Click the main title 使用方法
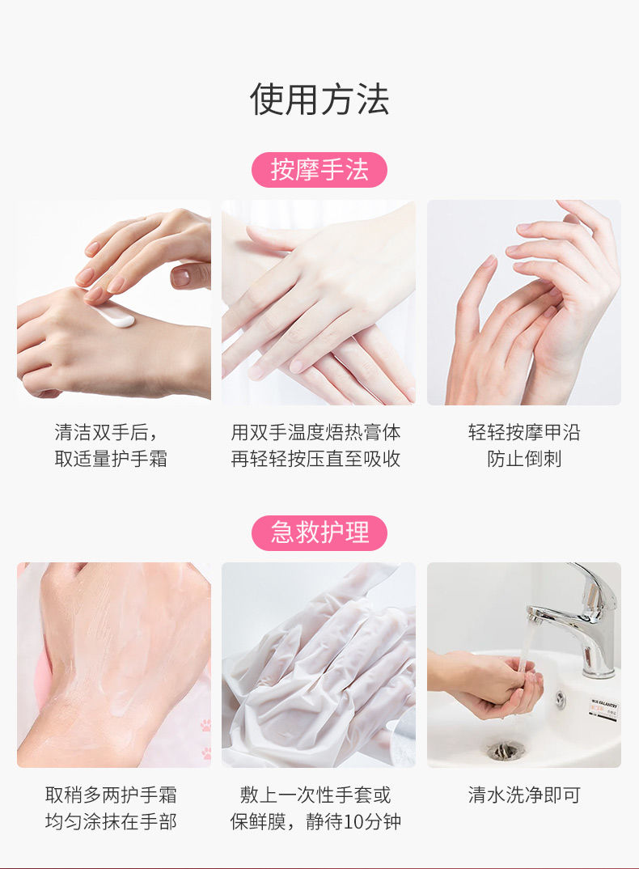click(x=319, y=100)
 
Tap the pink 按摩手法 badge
click(x=319, y=170)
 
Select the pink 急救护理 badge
click(x=319, y=532)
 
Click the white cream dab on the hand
click(x=116, y=315)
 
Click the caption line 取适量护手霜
click(x=111, y=459)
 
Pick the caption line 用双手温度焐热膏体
click(x=316, y=432)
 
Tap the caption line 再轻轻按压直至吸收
click(x=316, y=459)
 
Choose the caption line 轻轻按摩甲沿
click(x=523, y=432)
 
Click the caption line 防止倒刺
click(x=523, y=459)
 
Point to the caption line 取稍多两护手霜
click(x=111, y=795)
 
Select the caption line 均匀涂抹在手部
click(x=111, y=821)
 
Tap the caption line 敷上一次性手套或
click(x=315, y=795)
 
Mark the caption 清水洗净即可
click(x=523, y=795)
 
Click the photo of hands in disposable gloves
click(x=319, y=665)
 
